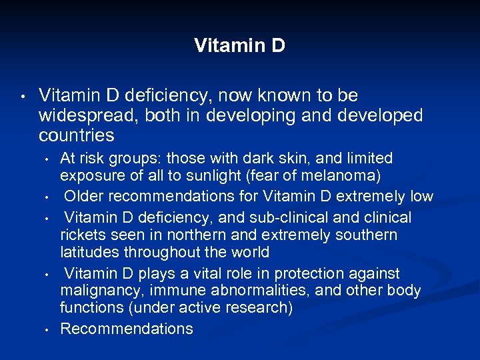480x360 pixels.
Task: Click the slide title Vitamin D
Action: (239, 45)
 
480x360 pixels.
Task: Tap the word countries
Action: (77, 136)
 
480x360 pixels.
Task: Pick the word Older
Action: (85, 197)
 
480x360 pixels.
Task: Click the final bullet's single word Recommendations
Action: (127, 329)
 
